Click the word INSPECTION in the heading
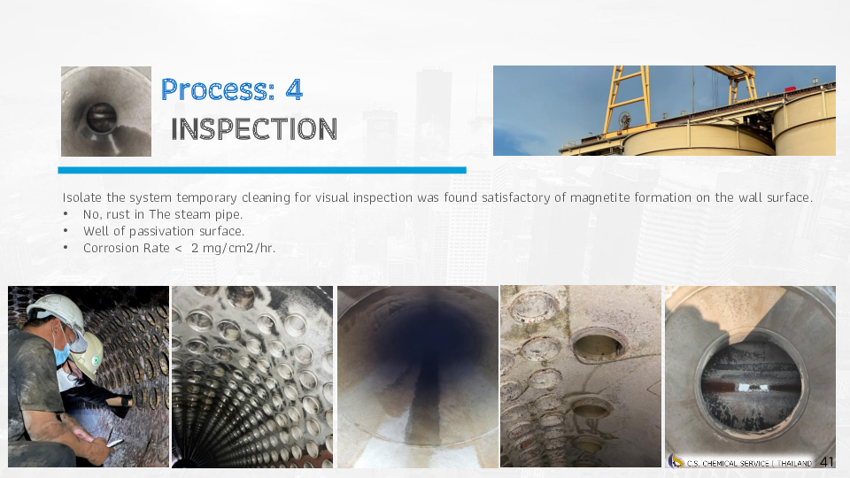254,129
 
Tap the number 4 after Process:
294,89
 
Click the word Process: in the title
218,89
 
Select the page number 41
827,462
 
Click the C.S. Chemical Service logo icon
676,461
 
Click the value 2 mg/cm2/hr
233,248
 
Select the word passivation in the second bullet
161,231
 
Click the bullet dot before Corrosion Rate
66,248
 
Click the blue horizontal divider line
262,170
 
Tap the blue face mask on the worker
62,353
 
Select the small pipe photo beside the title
106,112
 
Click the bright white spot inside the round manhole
744,387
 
